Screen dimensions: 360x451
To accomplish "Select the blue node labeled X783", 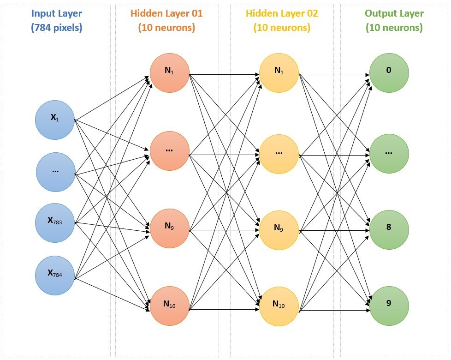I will pyautogui.click(x=55, y=223).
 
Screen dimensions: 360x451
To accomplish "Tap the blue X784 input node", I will pyautogui.click(x=55, y=275).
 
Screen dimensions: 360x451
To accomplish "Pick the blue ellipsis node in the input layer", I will pyautogui.click(x=55, y=172).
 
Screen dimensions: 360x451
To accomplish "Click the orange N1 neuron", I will pyautogui.click(x=169, y=73).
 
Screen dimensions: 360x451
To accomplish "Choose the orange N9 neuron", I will pyautogui.click(x=169, y=228).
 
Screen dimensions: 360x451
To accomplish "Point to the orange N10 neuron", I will pyautogui.click(x=169, y=306).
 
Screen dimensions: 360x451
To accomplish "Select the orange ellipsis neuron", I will pyautogui.click(x=169, y=151).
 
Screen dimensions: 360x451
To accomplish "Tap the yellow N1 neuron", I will pyautogui.click(x=279, y=72).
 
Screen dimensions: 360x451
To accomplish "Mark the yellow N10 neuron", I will pyautogui.click(x=279, y=306).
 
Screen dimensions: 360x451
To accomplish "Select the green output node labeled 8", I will pyautogui.click(x=389, y=229).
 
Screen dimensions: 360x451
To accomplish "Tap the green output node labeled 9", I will pyautogui.click(x=389, y=305).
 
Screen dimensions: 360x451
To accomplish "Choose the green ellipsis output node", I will pyautogui.click(x=389, y=153).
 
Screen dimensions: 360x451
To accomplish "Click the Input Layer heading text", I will pyautogui.click(x=56, y=13).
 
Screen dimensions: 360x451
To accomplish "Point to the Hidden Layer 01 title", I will pyautogui.click(x=166, y=13).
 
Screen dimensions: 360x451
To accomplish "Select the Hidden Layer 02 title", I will pyautogui.click(x=282, y=13).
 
